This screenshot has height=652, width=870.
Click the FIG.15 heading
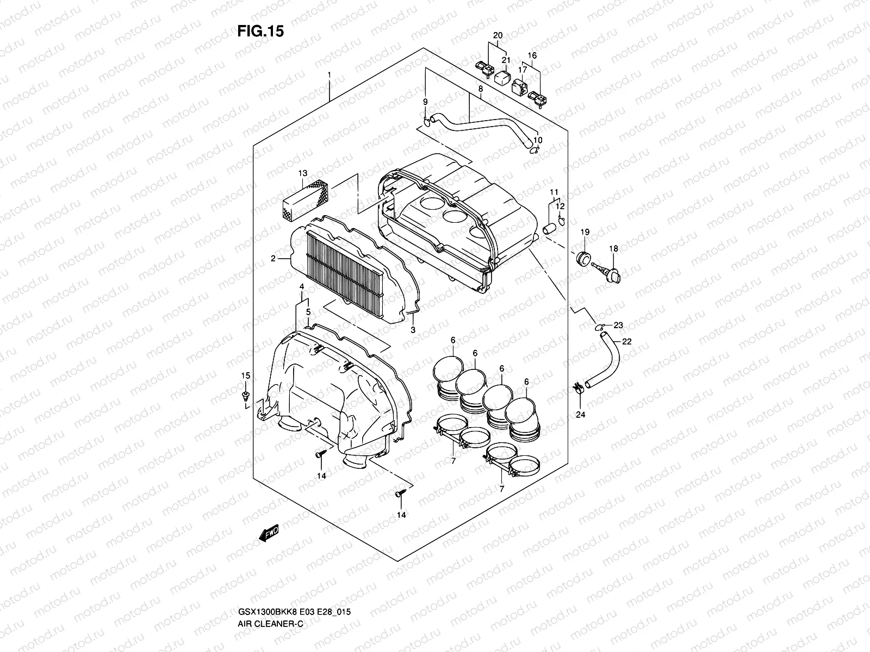(260, 32)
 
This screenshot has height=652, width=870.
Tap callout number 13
(302, 173)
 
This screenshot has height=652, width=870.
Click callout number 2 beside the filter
(273, 259)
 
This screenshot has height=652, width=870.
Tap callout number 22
(627, 342)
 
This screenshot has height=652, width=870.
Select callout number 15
(246, 376)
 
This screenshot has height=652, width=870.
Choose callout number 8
(481, 89)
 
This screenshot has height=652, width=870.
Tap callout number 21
(506, 60)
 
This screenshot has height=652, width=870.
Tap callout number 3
(413, 330)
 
